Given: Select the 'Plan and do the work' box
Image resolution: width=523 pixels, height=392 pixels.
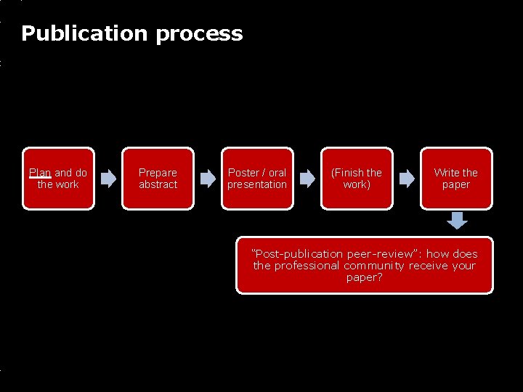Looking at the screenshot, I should click(58, 179).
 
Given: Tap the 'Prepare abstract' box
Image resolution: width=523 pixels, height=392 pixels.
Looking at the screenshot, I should click(158, 179).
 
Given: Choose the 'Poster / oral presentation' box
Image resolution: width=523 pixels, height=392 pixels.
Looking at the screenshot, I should click(257, 179).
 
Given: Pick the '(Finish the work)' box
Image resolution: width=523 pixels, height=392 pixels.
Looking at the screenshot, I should click(357, 179).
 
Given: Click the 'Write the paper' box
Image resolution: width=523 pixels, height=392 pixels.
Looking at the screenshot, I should click(456, 179).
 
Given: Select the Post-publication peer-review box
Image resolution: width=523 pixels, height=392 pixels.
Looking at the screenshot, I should click(365, 265).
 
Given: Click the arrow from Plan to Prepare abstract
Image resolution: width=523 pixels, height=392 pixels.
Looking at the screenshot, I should click(108, 179).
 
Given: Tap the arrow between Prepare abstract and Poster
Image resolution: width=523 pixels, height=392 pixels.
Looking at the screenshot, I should click(208, 179).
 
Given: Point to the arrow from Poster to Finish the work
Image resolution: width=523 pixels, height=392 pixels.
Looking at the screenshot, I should click(307, 179).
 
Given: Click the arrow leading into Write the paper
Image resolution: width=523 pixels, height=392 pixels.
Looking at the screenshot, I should click(407, 179).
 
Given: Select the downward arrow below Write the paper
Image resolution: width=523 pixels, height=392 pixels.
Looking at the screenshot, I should click(457, 220).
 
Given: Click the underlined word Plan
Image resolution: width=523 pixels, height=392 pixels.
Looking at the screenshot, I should click(39, 173).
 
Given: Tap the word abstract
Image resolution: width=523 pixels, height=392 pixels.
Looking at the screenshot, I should click(158, 184).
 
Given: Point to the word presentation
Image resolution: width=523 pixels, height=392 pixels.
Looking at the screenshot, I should click(257, 184).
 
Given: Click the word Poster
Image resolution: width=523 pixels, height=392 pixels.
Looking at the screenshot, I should click(243, 173).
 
